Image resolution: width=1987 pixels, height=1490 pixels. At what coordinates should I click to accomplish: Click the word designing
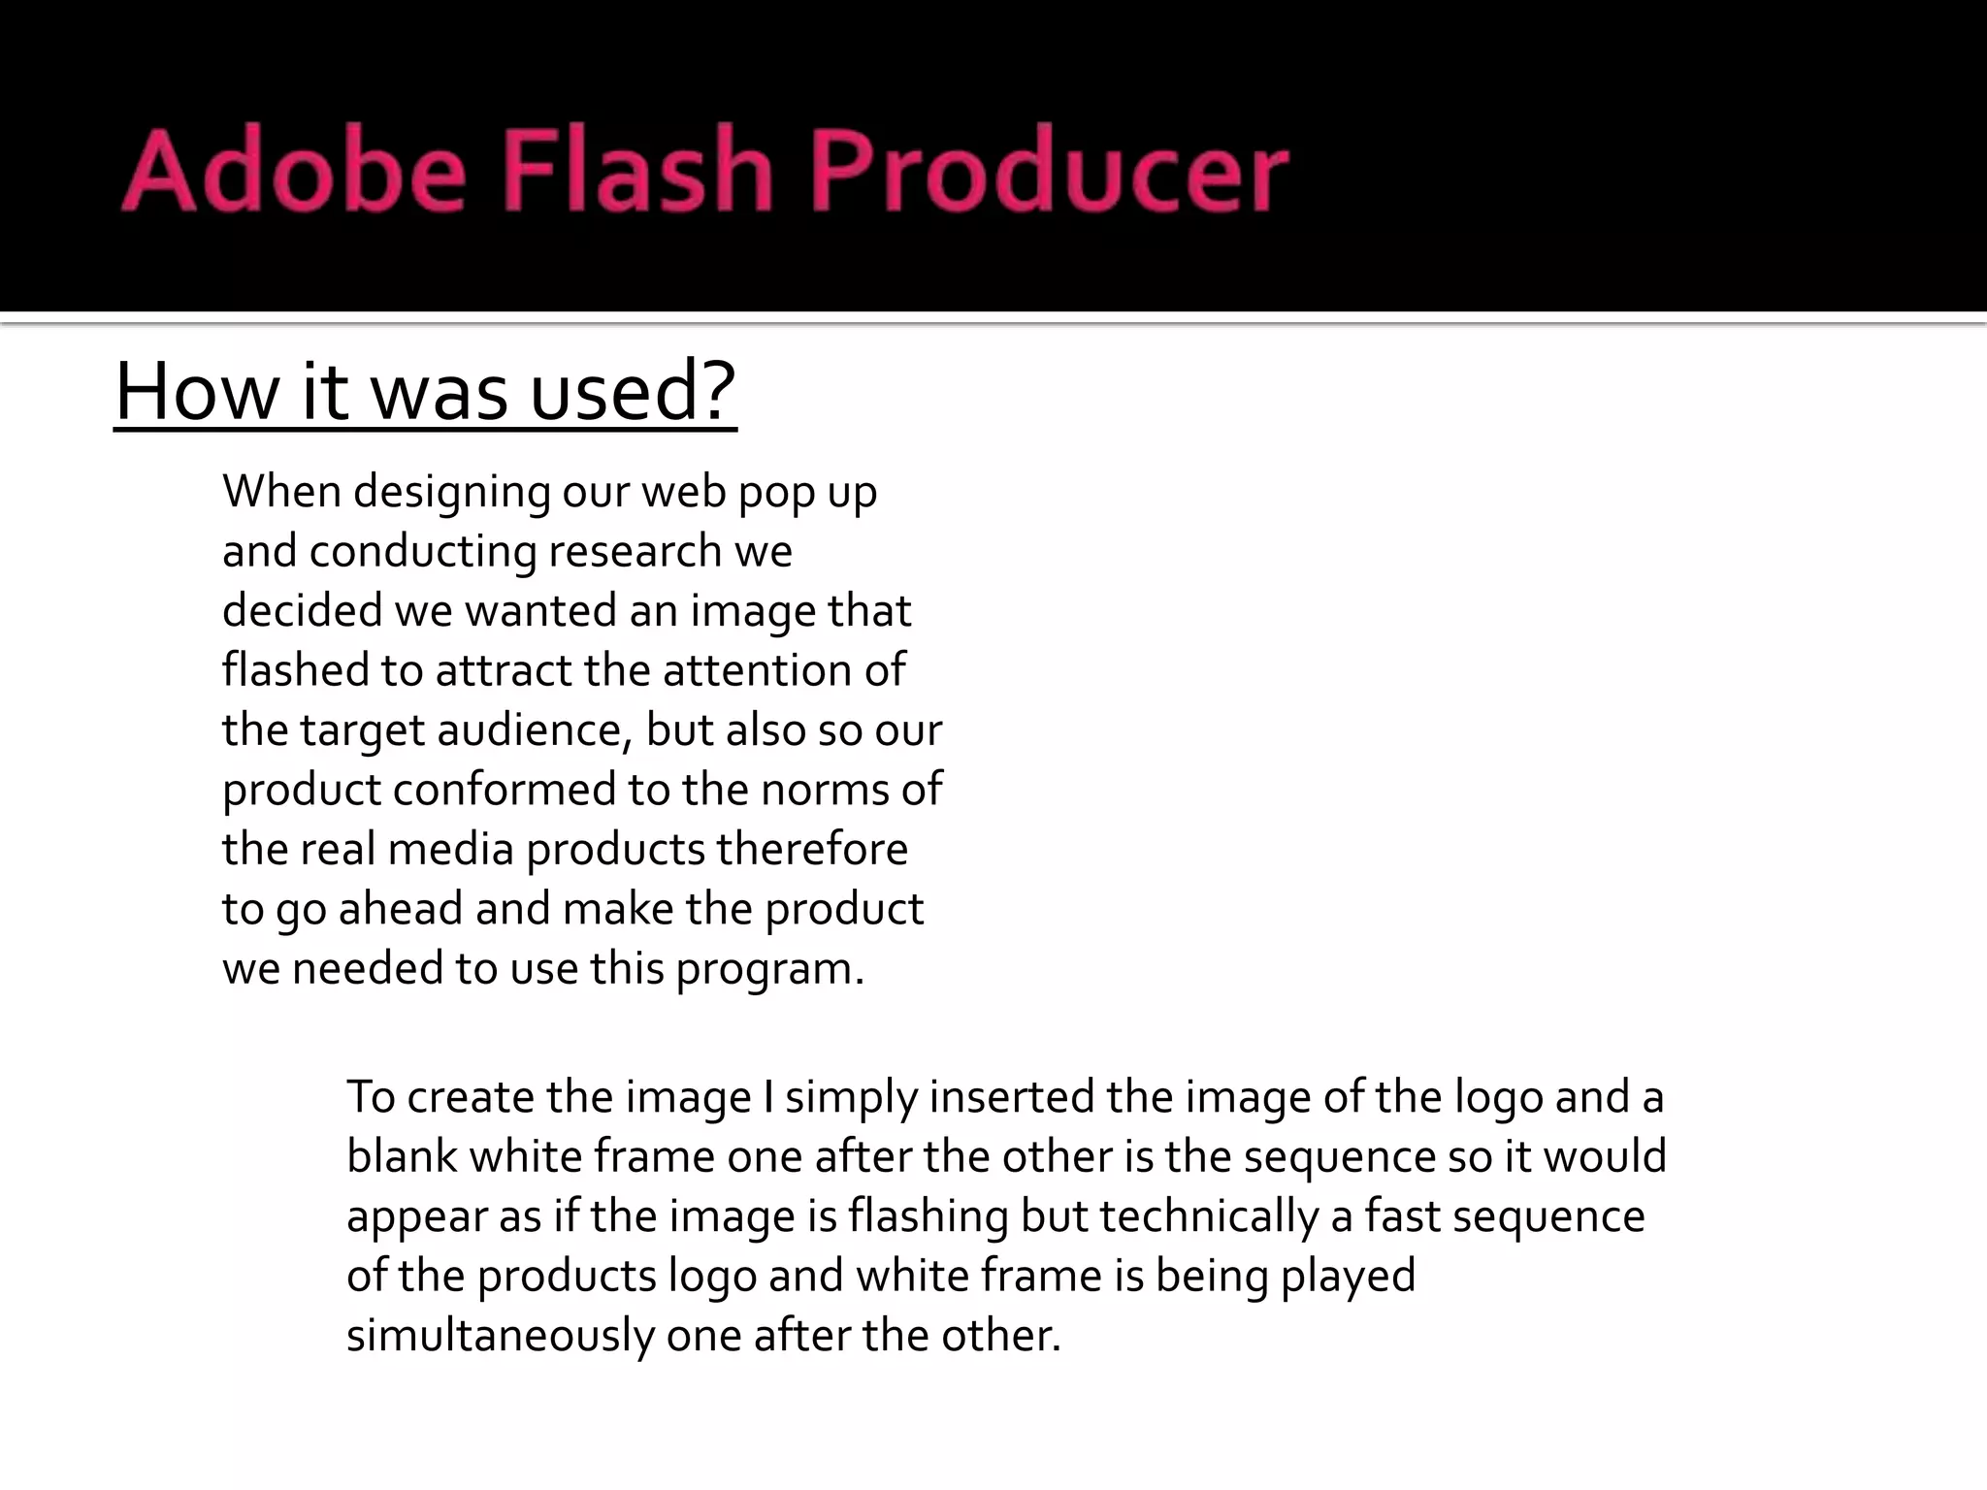point(452,493)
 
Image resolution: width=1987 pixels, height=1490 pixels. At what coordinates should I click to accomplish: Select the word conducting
point(422,552)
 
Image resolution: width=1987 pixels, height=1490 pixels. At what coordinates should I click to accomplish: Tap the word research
point(635,552)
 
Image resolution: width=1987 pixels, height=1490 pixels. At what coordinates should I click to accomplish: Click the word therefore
point(812,850)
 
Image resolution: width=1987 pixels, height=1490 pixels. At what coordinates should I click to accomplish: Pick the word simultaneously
point(501,1336)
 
